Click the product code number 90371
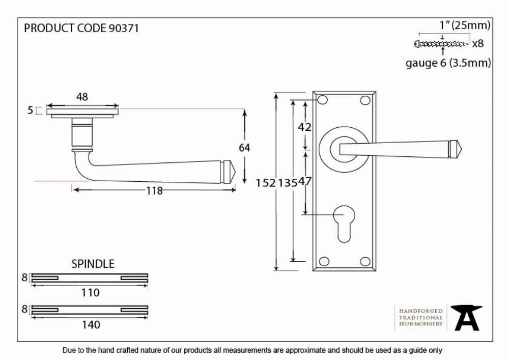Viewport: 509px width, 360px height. click(x=123, y=28)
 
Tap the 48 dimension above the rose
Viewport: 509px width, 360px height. click(x=82, y=97)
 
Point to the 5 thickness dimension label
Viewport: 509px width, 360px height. click(x=30, y=110)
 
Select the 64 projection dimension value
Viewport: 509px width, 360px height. click(x=244, y=148)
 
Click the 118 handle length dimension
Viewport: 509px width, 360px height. click(x=154, y=191)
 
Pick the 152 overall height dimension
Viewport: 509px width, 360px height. click(x=266, y=183)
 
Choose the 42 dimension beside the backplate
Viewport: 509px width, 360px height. click(x=304, y=127)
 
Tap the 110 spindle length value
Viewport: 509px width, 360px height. click(x=90, y=293)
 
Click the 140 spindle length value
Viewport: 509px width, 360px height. click(x=91, y=325)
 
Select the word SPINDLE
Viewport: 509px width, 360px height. click(x=93, y=264)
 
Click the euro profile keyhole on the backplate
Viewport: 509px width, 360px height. click(x=344, y=224)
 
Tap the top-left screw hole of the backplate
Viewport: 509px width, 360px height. click(x=323, y=100)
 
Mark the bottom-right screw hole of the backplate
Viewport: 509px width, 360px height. click(x=365, y=262)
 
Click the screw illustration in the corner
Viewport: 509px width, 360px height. click(x=441, y=43)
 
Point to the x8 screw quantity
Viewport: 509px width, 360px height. click(x=478, y=43)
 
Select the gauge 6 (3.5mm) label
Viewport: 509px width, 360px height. click(x=448, y=63)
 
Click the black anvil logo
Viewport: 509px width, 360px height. click(x=466, y=318)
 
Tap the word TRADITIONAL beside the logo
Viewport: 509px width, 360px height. click(x=421, y=317)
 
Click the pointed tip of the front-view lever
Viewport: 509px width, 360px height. click(x=462, y=150)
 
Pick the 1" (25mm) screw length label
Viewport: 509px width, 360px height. click(x=465, y=25)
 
